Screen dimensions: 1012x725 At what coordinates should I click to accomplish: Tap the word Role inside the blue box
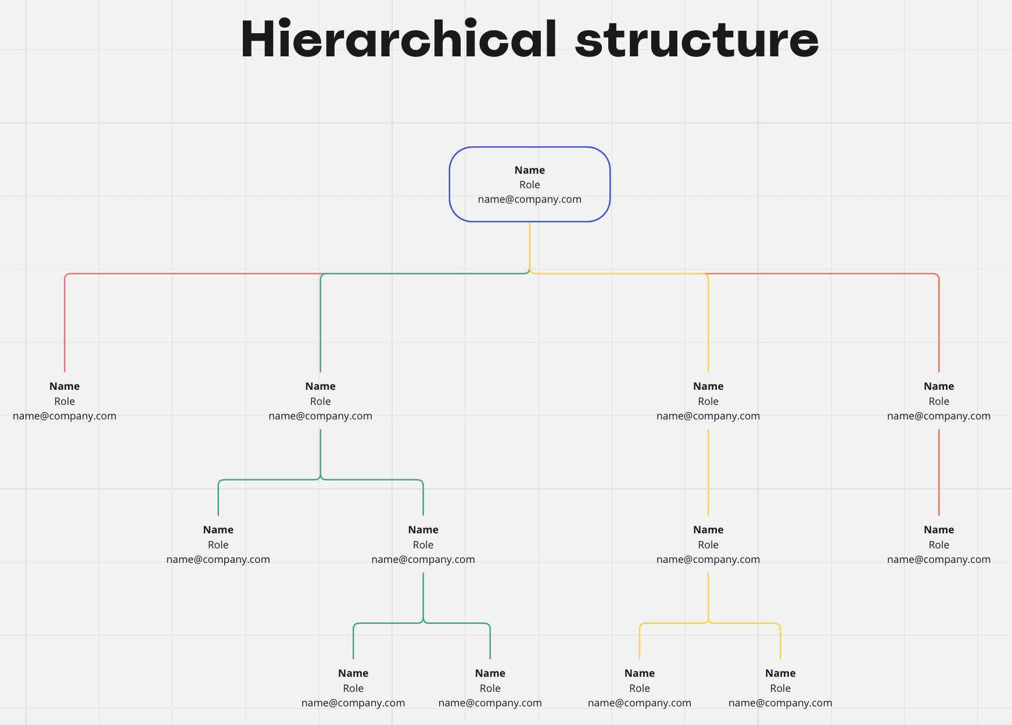[x=530, y=185]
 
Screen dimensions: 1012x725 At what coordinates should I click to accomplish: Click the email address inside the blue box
[x=530, y=199]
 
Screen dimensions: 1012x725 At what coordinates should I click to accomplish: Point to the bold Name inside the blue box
[x=530, y=170]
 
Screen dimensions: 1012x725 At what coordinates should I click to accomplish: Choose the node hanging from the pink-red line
[x=64, y=401]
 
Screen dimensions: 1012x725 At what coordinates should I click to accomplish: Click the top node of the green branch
[x=321, y=401]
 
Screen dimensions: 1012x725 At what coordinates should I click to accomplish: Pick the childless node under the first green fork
[x=218, y=544]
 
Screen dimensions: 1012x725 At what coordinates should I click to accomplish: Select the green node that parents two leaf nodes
[x=424, y=544]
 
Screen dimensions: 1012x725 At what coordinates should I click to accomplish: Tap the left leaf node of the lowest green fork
[x=353, y=688]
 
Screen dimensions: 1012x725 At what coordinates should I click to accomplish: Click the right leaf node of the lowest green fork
[x=490, y=688]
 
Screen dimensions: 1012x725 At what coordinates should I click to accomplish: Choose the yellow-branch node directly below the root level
[x=708, y=401]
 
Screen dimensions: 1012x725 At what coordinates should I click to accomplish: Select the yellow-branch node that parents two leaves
[x=708, y=544]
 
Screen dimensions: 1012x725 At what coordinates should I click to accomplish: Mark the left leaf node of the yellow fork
[x=640, y=688]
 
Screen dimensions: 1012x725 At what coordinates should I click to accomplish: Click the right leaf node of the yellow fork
[x=780, y=688]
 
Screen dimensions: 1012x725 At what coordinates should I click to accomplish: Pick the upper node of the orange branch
[x=939, y=401]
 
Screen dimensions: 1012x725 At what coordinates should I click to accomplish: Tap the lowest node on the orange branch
[x=939, y=544]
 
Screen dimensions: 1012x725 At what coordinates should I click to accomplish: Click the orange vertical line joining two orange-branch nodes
[x=939, y=472]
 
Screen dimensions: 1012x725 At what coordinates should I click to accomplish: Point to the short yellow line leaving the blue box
[x=530, y=246]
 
